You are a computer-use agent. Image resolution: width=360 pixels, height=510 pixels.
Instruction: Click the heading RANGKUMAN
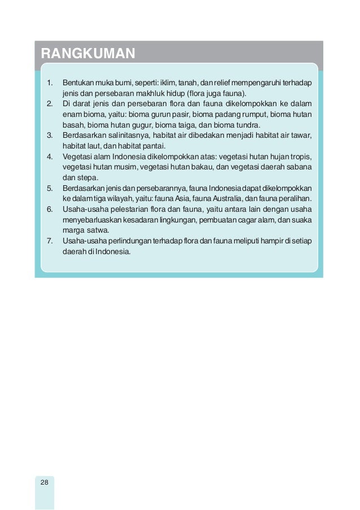click(87, 54)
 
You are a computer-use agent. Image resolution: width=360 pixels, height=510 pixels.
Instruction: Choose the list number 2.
click(49, 104)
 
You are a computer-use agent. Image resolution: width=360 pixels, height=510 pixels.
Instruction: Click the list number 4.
click(49, 156)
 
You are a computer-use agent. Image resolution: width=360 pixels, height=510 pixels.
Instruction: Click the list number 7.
click(49, 241)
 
